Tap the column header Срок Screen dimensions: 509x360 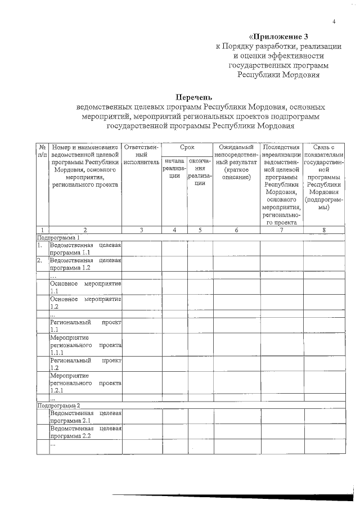click(x=187, y=146)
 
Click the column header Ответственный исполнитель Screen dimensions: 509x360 click(x=141, y=150)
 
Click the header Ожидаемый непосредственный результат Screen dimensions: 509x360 click(x=236, y=162)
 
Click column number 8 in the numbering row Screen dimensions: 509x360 click(x=323, y=229)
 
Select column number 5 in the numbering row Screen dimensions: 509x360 click(x=200, y=229)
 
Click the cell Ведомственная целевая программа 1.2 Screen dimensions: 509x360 click(x=85, y=264)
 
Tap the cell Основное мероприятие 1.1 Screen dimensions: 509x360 click(x=85, y=287)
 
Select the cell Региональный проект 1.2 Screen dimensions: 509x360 click(x=85, y=364)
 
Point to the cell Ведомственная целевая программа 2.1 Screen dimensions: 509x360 click(x=85, y=417)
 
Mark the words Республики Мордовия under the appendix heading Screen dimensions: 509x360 click(x=279, y=74)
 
